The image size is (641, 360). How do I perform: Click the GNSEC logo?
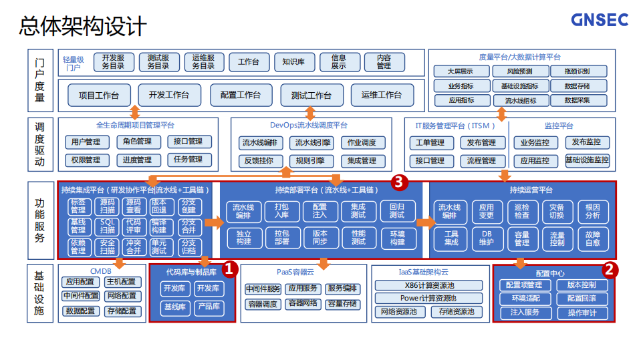pos(599,20)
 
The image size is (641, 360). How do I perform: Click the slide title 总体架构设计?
pos(82,26)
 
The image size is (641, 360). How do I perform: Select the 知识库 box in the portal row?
pos(293,61)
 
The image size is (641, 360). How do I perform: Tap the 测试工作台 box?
pos(311,95)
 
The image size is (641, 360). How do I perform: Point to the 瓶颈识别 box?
pos(577,71)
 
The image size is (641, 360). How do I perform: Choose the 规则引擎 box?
pos(311,160)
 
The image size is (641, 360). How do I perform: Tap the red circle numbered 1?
pos(229,269)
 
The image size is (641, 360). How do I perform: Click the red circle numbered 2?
pos(610,269)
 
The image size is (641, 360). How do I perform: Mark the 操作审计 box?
pos(582,313)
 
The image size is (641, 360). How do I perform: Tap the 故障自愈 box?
pos(592,238)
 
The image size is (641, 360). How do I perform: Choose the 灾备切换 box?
pos(557,211)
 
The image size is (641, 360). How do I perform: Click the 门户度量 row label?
pos(40,79)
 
